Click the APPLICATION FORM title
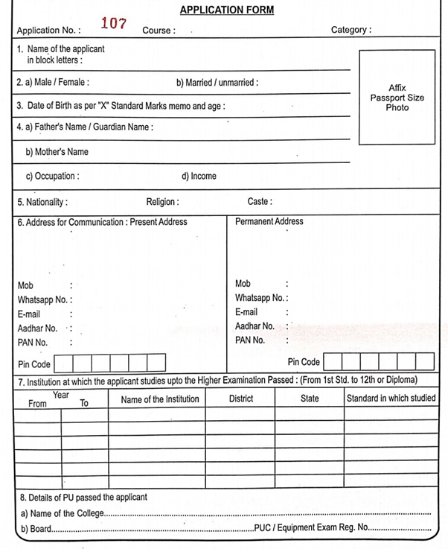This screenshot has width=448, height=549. [x=226, y=10]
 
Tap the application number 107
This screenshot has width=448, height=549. [x=113, y=24]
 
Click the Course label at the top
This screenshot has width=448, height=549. [x=159, y=31]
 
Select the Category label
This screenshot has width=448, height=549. [x=351, y=31]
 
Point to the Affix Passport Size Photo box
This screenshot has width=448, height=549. [x=397, y=97]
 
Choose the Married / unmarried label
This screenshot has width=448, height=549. [x=217, y=83]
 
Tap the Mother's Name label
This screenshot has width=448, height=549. [x=57, y=152]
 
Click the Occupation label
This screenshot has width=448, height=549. [x=52, y=177]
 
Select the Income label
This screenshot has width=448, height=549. [x=199, y=177]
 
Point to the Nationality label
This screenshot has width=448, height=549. [x=42, y=202]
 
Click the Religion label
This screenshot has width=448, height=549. [x=162, y=202]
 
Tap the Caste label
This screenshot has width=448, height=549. [x=260, y=202]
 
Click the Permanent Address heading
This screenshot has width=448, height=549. [x=269, y=221]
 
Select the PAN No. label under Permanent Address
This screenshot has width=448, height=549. [x=250, y=340]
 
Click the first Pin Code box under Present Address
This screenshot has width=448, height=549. [x=63, y=363]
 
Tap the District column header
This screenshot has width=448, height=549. [x=241, y=399]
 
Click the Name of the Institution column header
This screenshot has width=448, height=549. [x=160, y=399]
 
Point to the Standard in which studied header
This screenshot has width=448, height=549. [x=391, y=399]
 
